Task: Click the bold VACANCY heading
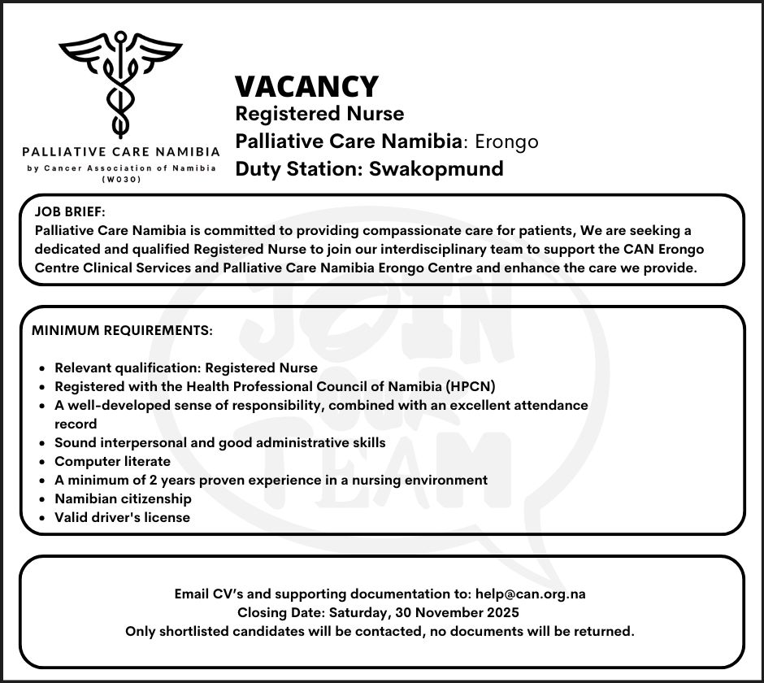(x=306, y=86)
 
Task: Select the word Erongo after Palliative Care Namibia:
(x=506, y=141)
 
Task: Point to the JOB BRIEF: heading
(x=70, y=211)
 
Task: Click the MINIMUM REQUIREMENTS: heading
(x=122, y=331)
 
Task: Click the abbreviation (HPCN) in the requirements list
(x=470, y=385)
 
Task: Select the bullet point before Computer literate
(x=41, y=462)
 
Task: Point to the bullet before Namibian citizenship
(x=41, y=498)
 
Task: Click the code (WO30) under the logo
(x=121, y=179)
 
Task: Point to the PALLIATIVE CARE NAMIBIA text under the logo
(x=121, y=151)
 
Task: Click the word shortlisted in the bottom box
(x=194, y=630)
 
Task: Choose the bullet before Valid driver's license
(x=41, y=517)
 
